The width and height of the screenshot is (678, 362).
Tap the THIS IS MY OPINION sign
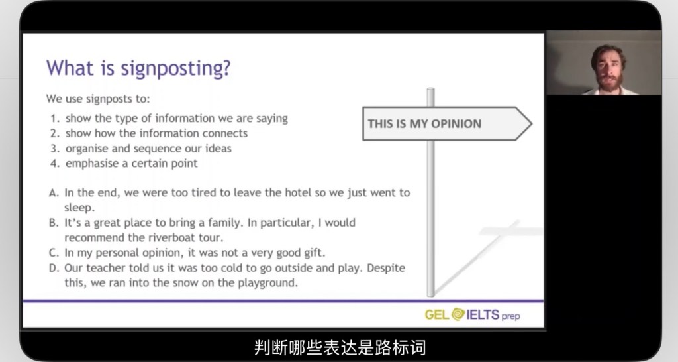tap(447, 124)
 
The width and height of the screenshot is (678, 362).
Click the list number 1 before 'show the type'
tap(54, 119)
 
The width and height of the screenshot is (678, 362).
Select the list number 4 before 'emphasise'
tap(54, 164)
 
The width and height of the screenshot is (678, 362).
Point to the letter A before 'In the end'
tap(54, 193)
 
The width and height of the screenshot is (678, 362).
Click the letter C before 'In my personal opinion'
tap(54, 253)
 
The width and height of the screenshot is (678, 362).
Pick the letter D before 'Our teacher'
tap(54, 268)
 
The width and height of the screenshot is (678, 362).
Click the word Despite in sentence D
tap(386, 268)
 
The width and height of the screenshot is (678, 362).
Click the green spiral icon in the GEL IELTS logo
tap(458, 314)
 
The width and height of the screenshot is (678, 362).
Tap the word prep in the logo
tap(510, 316)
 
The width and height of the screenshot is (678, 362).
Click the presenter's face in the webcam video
tap(608, 68)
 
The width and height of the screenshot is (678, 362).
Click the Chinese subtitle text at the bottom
tap(340, 347)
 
